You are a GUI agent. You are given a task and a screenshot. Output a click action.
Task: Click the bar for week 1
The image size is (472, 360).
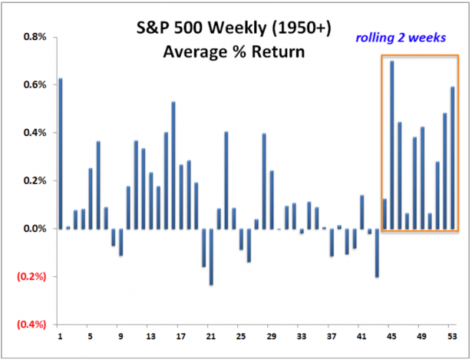click(x=61, y=154)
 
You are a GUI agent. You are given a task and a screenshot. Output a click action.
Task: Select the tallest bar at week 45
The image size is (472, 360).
click(x=392, y=145)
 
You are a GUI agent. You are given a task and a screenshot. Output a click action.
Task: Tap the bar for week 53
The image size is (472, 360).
click(x=453, y=158)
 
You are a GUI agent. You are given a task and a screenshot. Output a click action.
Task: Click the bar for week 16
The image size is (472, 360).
click(x=173, y=165)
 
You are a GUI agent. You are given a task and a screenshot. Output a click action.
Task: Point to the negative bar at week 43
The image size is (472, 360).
click(x=377, y=253)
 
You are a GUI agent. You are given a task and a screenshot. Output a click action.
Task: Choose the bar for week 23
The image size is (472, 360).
click(x=226, y=180)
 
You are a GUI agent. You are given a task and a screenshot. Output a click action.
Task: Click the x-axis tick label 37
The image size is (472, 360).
click(x=332, y=336)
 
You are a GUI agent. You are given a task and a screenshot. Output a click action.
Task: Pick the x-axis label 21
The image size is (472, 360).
click(x=210, y=336)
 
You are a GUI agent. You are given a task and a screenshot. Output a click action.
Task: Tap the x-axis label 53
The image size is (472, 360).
click(x=452, y=336)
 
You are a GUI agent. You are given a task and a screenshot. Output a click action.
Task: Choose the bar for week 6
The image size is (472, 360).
click(x=98, y=185)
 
